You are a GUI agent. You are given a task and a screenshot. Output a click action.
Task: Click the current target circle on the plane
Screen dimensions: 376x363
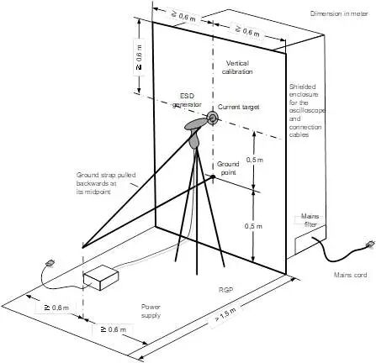tap(212, 118)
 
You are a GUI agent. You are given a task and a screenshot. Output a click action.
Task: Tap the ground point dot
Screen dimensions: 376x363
tap(213, 176)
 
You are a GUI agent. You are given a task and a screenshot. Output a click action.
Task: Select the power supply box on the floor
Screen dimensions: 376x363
tap(101, 277)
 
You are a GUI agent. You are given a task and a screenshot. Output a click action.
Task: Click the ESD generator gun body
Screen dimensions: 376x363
tap(194, 132)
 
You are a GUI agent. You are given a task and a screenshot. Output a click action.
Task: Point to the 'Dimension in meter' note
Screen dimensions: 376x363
tap(339, 13)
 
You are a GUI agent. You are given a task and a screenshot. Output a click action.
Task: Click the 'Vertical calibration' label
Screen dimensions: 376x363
tap(237, 67)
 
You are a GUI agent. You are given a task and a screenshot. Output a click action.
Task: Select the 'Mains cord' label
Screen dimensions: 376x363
tap(350, 275)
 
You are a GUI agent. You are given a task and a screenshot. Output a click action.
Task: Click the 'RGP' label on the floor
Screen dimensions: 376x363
tap(225, 290)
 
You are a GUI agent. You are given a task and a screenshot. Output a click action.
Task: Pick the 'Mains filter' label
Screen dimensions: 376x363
tap(310, 220)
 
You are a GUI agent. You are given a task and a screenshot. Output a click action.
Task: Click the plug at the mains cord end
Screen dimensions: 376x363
tap(370, 245)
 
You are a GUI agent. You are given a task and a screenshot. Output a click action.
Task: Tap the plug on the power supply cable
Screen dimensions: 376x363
tap(50, 263)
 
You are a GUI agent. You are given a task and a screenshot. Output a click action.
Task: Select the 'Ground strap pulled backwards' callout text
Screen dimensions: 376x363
tap(106, 183)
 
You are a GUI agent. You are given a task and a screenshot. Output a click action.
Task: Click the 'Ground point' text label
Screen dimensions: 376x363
tap(228, 168)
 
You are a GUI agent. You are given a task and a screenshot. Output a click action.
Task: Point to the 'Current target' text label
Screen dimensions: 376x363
tap(239, 107)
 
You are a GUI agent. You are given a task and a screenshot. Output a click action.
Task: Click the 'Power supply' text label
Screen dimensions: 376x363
tap(151, 311)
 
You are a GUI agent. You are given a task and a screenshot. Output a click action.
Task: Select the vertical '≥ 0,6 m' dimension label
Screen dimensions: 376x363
tap(139, 57)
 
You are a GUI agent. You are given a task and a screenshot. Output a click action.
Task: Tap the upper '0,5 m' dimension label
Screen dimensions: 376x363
tap(255, 160)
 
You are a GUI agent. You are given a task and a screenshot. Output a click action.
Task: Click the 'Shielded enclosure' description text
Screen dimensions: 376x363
tap(306, 111)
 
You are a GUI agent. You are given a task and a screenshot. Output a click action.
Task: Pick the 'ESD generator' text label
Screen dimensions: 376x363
tap(187, 100)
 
